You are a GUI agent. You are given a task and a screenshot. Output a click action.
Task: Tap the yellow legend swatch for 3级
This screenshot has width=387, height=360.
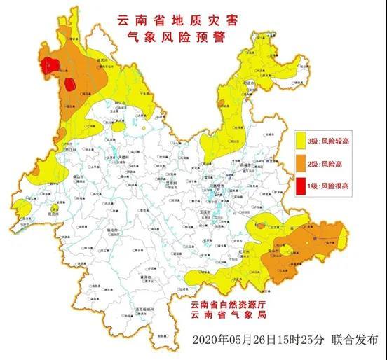pyautogui.click(x=303, y=141)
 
